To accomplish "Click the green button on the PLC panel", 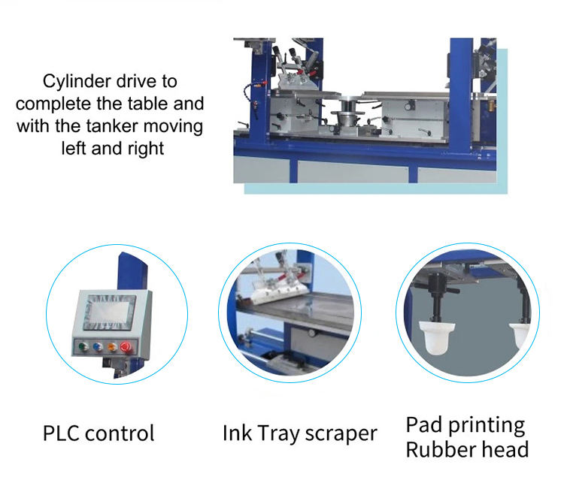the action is [79, 347].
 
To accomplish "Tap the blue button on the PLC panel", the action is [96, 347].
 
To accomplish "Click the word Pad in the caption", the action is [426, 424].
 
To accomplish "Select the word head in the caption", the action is [508, 450].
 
